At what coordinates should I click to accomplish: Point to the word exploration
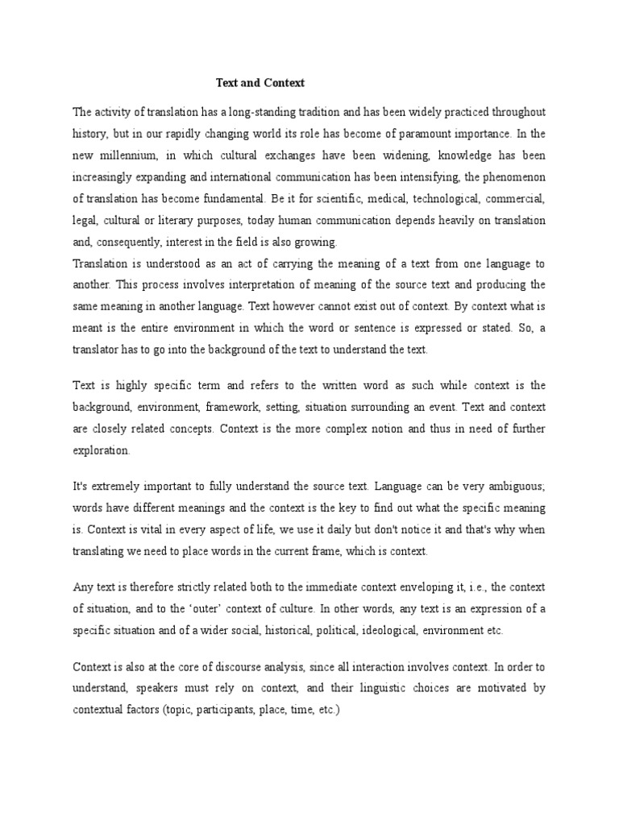(100, 451)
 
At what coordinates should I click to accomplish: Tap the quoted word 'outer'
(240, 608)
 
